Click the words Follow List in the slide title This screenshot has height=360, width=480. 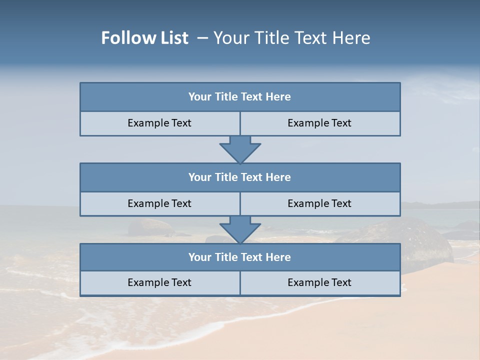click(144, 38)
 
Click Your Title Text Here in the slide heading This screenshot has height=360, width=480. click(291, 38)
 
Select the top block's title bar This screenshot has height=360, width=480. click(240, 97)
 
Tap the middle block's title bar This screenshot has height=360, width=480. click(240, 177)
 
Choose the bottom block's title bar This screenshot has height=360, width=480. click(240, 257)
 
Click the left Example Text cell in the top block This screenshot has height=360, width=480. click(159, 123)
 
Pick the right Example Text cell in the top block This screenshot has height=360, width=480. click(319, 123)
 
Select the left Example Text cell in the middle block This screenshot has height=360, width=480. click(159, 203)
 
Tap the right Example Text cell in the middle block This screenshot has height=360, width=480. click(319, 203)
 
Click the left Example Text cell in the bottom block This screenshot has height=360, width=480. click(159, 282)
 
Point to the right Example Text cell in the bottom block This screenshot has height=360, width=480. click(319, 282)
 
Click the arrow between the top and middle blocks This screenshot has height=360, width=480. click(240, 149)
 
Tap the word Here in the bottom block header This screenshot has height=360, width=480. click(278, 257)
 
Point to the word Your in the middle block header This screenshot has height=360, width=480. click(199, 177)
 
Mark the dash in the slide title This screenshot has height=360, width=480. click(202, 38)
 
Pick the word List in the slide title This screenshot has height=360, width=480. click(172, 38)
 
